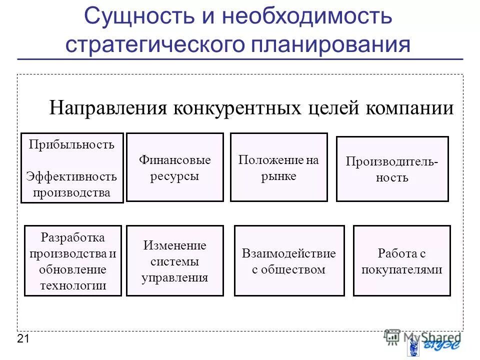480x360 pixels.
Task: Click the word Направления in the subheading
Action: pyautogui.click(x=107, y=108)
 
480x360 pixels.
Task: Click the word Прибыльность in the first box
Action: pyautogui.click(x=71, y=145)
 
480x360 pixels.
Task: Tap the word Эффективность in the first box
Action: pyautogui.click(x=71, y=176)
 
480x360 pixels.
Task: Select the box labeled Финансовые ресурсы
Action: pyautogui.click(x=174, y=167)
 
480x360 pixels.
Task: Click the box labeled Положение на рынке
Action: pyautogui.click(x=278, y=167)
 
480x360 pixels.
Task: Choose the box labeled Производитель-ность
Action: pyautogui.click(x=392, y=169)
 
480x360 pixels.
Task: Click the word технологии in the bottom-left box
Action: pyautogui.click(x=73, y=286)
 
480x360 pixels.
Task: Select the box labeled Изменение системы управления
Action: pyautogui.click(x=174, y=260)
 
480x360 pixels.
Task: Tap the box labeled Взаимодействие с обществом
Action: pyautogui.click(x=289, y=260)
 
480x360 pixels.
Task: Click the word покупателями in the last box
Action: pyautogui.click(x=401, y=269)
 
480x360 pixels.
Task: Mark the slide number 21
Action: pyautogui.click(x=23, y=339)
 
